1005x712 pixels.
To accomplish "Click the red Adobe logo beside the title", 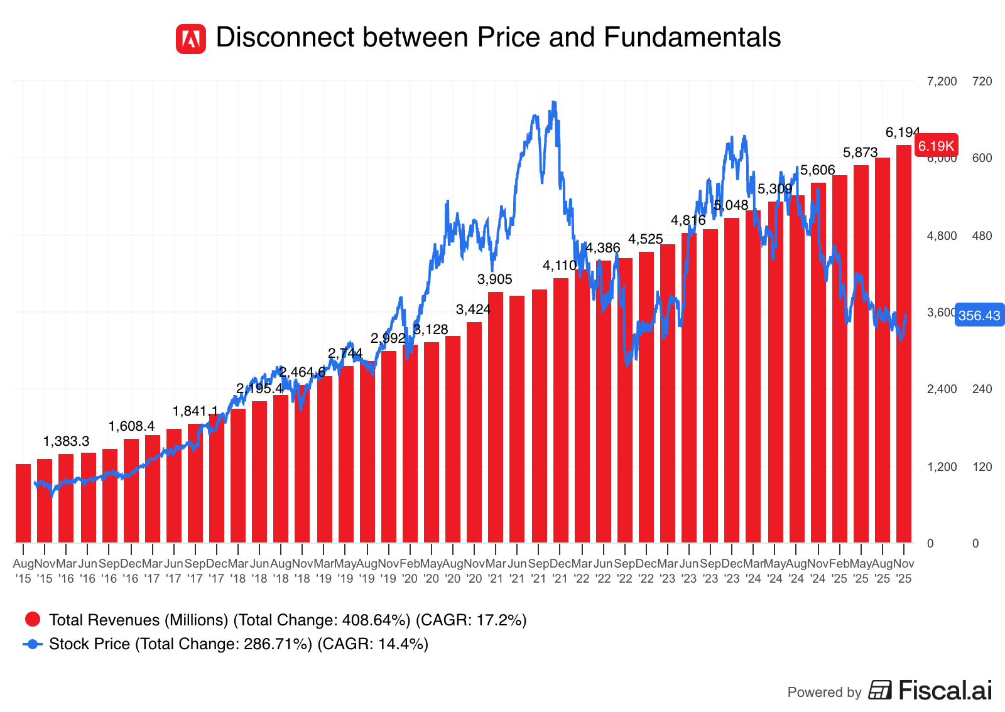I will click(190, 39).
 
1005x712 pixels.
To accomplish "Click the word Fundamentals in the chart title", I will click(692, 38).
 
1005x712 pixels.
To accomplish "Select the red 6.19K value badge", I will click(936, 146).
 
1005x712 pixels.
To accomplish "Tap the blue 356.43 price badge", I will click(979, 315).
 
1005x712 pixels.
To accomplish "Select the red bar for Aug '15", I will click(23, 503).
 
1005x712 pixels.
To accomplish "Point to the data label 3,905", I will click(495, 279).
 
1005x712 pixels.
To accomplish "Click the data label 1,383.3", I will click(66, 441).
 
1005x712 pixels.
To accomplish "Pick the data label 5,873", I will click(860, 153).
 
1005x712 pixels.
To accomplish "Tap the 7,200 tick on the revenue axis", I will click(942, 82).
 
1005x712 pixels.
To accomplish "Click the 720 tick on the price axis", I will click(982, 82).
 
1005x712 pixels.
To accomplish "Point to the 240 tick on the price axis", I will click(982, 389).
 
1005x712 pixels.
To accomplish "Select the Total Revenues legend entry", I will click(287, 620).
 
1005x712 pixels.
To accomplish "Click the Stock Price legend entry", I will click(238, 644).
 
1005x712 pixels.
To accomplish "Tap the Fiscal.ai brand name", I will click(945, 691).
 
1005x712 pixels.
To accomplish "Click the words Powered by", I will click(824, 693).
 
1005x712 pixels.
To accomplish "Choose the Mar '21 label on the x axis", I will click(496, 571).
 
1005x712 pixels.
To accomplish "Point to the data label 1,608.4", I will click(131, 427).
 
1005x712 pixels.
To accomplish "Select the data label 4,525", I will click(646, 239).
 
